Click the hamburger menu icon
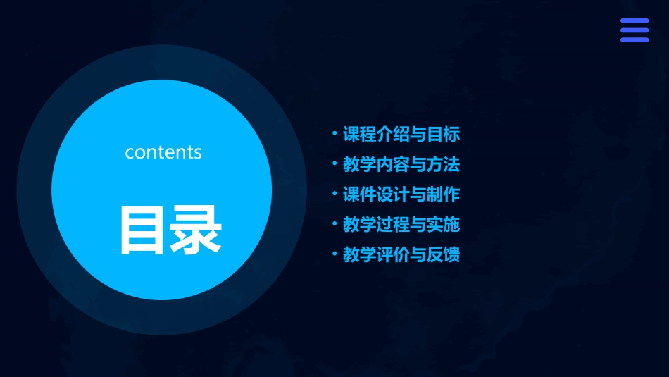pos(634,30)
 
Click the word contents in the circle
pos(163,152)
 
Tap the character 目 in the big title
pos(142,230)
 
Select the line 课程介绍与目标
pos(401,134)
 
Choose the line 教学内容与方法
pos(401,164)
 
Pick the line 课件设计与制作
pos(401,194)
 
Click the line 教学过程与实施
pos(401,225)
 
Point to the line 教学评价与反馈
pos(401,255)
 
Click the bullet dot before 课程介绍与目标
pos(334,133)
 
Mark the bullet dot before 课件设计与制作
pos(334,194)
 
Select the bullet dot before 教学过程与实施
pos(334,224)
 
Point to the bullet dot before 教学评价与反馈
pos(334,254)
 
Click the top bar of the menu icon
pos(634,21)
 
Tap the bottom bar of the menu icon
pos(634,39)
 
